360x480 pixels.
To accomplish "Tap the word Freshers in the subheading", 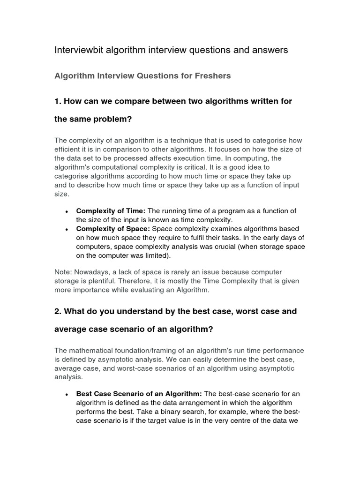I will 213,75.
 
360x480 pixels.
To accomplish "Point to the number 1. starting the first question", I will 58,101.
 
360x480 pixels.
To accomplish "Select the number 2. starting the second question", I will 58,311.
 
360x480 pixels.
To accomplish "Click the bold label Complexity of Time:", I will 111,211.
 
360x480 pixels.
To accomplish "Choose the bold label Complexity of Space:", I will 113,229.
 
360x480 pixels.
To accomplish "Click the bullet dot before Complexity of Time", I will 67,212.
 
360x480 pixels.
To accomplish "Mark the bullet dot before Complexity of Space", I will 67,230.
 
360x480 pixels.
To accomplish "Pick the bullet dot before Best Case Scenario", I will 67,395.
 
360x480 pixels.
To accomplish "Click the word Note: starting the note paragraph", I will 63,272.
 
